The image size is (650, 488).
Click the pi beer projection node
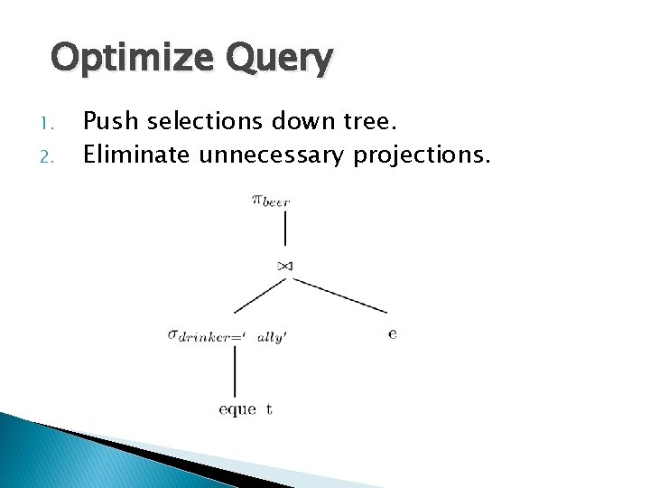270,202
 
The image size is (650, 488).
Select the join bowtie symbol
285,265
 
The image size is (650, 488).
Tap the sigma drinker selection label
227,335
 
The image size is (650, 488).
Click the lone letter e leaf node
392,333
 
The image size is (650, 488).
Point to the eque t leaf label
246,409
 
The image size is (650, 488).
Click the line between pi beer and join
285,234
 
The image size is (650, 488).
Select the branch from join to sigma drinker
253,296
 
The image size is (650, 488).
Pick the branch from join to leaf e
336,296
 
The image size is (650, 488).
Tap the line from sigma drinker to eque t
235,371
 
